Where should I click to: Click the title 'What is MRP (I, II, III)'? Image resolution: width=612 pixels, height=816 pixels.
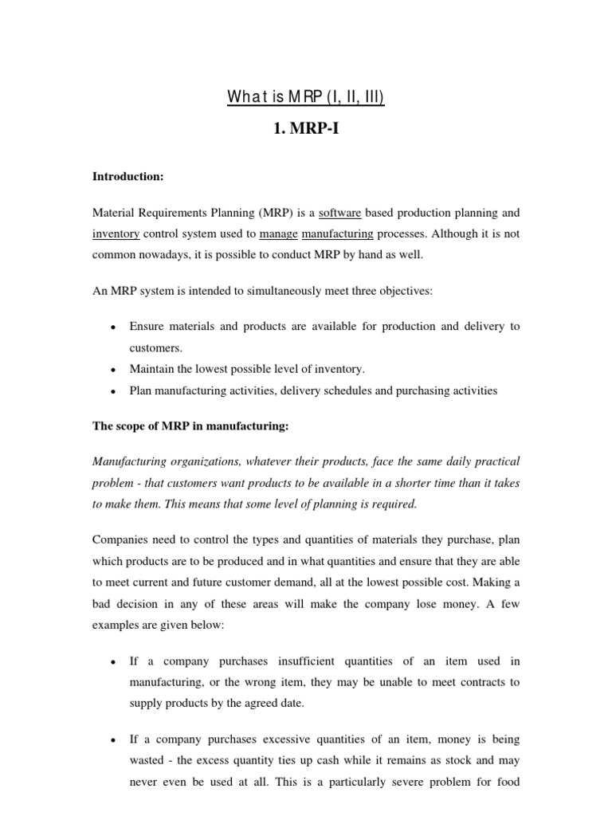tap(306, 98)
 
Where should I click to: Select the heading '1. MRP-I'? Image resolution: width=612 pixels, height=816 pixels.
tap(306, 127)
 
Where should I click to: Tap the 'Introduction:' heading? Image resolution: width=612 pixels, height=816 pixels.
tap(127, 176)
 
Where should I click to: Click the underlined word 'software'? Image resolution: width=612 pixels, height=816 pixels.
tap(340, 213)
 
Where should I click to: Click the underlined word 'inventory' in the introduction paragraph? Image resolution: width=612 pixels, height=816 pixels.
tap(116, 233)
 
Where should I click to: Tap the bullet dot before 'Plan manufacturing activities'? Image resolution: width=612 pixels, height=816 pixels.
tap(114, 391)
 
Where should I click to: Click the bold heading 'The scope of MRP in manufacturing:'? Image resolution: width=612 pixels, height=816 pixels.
tap(190, 426)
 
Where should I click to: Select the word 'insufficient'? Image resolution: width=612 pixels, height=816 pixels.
tap(307, 661)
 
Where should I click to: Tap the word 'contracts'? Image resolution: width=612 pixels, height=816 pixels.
tap(478, 681)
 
